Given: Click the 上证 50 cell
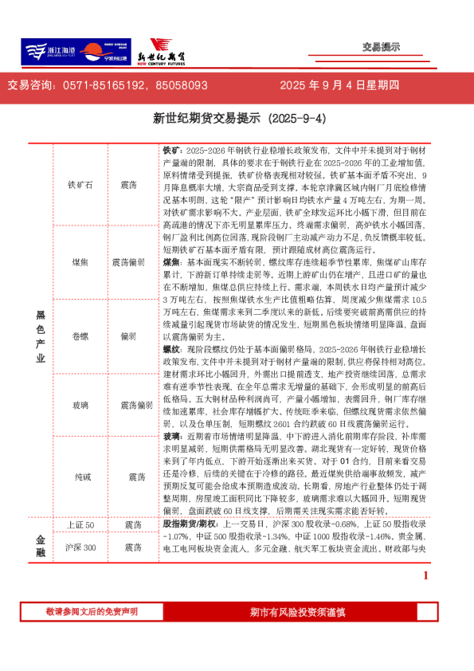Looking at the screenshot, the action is (x=80, y=525).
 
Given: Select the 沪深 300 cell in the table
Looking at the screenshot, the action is (x=80, y=547).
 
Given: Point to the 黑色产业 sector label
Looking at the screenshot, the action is (x=40, y=336).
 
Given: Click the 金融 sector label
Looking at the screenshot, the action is (x=40, y=546).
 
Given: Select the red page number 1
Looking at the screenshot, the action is (x=426, y=575).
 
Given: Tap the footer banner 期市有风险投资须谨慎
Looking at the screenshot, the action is (x=297, y=612).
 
